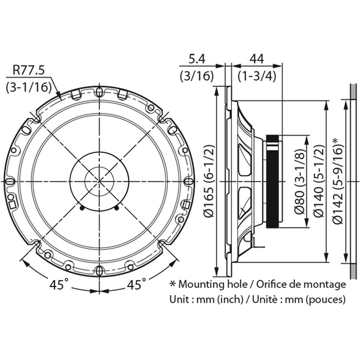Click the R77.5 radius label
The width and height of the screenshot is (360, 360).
[28, 70]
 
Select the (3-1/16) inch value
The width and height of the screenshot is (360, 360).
[29, 87]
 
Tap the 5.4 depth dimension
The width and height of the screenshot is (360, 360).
[196, 59]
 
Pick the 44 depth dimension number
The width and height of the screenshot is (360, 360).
[257, 59]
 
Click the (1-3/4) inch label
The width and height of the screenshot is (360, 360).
[257, 76]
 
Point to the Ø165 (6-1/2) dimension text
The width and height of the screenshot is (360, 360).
[209, 181]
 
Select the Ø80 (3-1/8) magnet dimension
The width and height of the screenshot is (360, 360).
[300, 182]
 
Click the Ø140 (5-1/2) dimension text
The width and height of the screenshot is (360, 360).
[319, 181]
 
